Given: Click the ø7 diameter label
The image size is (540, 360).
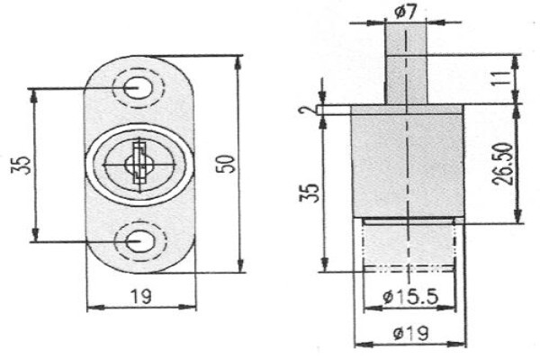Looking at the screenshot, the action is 406,12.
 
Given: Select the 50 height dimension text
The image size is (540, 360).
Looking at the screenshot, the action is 226,164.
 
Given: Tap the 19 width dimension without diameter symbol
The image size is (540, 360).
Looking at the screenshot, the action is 141,296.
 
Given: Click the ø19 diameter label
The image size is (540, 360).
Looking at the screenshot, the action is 411,333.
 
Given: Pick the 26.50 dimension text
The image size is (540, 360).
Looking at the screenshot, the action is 503,164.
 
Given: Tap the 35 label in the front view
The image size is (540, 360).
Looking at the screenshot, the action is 21,165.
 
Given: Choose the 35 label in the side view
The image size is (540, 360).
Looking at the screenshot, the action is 310,193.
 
